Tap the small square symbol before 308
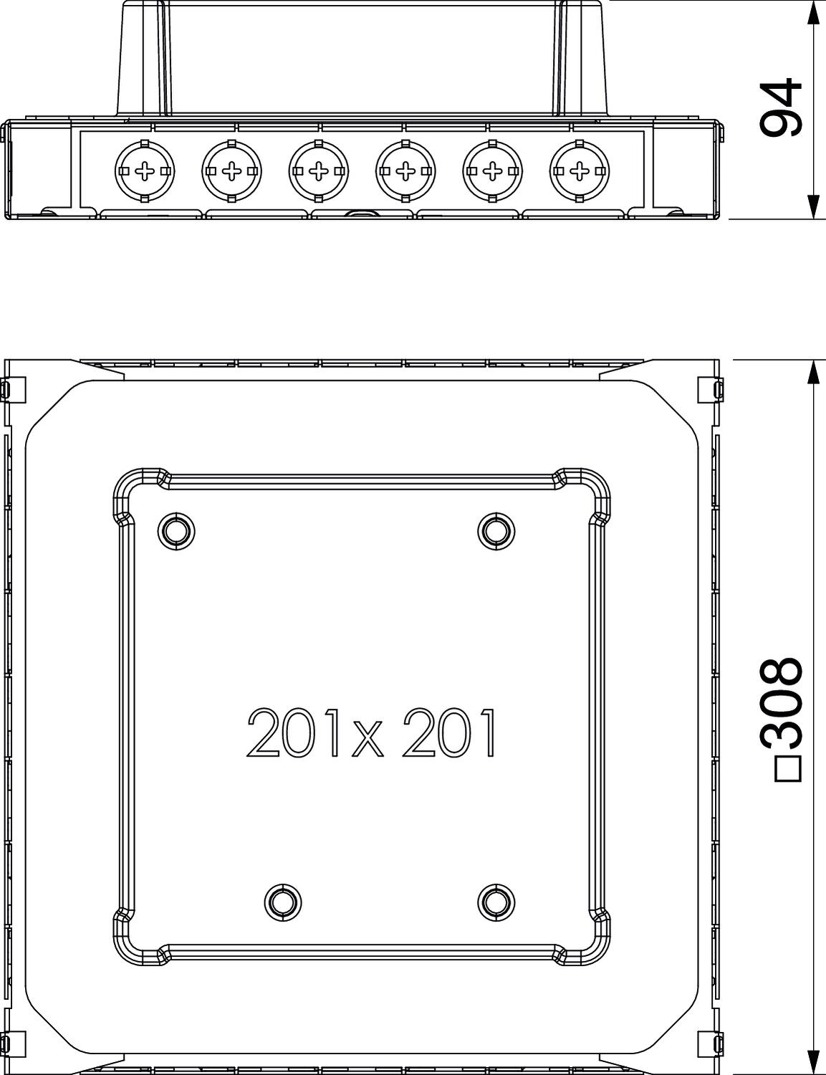click(x=787, y=768)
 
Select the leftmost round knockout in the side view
click(x=144, y=171)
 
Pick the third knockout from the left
click(x=318, y=171)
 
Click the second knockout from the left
click(x=231, y=171)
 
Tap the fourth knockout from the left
click(x=405, y=171)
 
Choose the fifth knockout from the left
click(x=492, y=171)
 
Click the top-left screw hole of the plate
click(x=175, y=531)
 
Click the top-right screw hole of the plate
click(x=496, y=531)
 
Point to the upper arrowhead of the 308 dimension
click(x=812, y=373)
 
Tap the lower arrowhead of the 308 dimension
click(x=812, y=1062)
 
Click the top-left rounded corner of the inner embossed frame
click(x=133, y=487)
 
